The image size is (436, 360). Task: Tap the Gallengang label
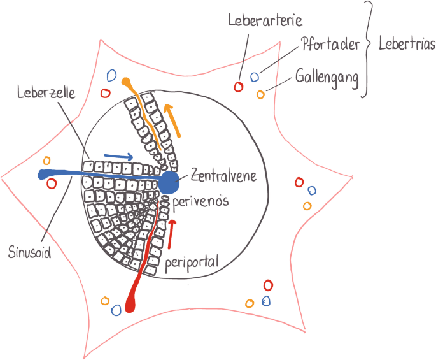(x=327, y=79)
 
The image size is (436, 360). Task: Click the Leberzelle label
(x=46, y=92)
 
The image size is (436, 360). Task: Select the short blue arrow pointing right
(x=119, y=156)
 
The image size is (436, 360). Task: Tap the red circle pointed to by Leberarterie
(x=239, y=87)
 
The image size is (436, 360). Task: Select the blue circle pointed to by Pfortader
(x=255, y=77)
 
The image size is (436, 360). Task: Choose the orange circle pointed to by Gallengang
(x=260, y=95)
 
